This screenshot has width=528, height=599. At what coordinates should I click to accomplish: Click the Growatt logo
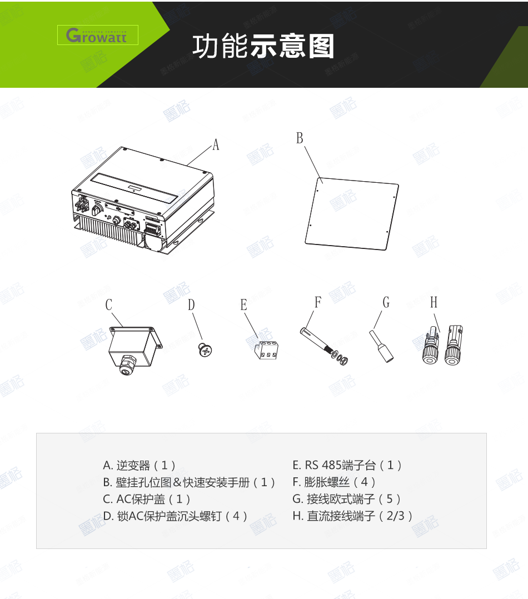(x=97, y=36)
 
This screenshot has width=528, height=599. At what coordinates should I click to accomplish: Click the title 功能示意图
(x=263, y=47)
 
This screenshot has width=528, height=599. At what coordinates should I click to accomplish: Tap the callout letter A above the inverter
(x=216, y=145)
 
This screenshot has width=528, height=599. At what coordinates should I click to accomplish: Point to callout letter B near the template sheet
(x=300, y=138)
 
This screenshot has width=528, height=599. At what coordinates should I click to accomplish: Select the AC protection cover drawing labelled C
(x=133, y=348)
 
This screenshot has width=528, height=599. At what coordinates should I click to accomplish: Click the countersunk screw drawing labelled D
(x=205, y=350)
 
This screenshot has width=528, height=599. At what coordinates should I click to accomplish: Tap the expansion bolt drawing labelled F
(x=325, y=345)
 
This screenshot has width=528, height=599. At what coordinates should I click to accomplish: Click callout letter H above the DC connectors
(x=434, y=302)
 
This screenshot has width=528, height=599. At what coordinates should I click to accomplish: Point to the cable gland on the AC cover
(x=126, y=365)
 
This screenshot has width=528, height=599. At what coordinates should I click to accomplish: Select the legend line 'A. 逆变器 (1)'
(x=140, y=465)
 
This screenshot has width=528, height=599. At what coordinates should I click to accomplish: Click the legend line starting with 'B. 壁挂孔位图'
(x=190, y=482)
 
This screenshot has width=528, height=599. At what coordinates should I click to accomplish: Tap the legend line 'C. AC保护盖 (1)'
(x=147, y=499)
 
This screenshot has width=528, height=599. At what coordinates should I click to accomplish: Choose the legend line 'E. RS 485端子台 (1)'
(x=347, y=465)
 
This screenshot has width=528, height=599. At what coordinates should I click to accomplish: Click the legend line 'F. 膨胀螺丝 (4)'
(x=335, y=482)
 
